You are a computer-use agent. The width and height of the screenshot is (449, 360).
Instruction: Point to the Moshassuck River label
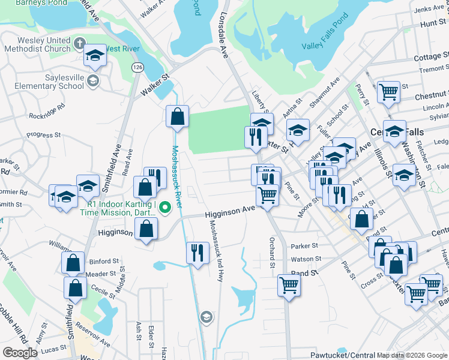point(182,174)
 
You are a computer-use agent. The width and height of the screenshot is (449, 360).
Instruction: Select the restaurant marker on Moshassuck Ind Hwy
point(197,253)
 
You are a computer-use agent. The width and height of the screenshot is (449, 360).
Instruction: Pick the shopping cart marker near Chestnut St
point(388,92)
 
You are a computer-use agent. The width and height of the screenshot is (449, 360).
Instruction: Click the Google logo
point(20,352)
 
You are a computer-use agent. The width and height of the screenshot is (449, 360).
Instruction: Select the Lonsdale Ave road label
point(226,36)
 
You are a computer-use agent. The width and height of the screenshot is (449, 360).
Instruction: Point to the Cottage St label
point(432,57)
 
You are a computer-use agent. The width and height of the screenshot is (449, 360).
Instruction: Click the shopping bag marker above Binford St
point(73,263)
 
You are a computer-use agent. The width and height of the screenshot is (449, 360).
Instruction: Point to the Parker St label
point(303,246)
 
